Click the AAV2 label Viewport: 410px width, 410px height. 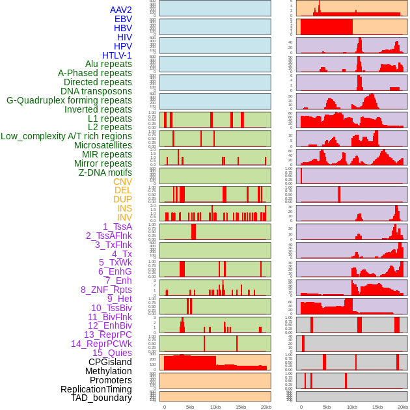[x=121, y=10]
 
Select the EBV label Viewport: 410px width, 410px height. [x=123, y=20]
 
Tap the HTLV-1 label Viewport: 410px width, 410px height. [x=117, y=55]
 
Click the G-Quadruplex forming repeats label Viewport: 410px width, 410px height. [x=69, y=100]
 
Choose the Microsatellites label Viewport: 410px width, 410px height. [x=103, y=145]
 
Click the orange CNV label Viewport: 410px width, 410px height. [x=122, y=182]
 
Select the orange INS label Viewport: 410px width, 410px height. [x=124, y=208]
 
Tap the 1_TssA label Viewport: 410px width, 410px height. [x=117, y=226]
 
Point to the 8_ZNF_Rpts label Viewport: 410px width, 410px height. [x=106, y=290]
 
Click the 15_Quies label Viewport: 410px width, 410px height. [x=112, y=353]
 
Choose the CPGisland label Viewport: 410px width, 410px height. [x=110, y=362]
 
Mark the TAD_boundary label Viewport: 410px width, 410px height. [x=101, y=398]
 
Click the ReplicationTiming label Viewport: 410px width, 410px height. [x=96, y=389]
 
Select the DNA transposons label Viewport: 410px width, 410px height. [x=96, y=91]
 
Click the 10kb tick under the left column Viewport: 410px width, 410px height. [x=215, y=407]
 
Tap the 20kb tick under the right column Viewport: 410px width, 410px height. [x=403, y=407]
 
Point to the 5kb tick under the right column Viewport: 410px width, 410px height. [x=326, y=407]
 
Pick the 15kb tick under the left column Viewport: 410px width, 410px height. [x=240, y=407]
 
